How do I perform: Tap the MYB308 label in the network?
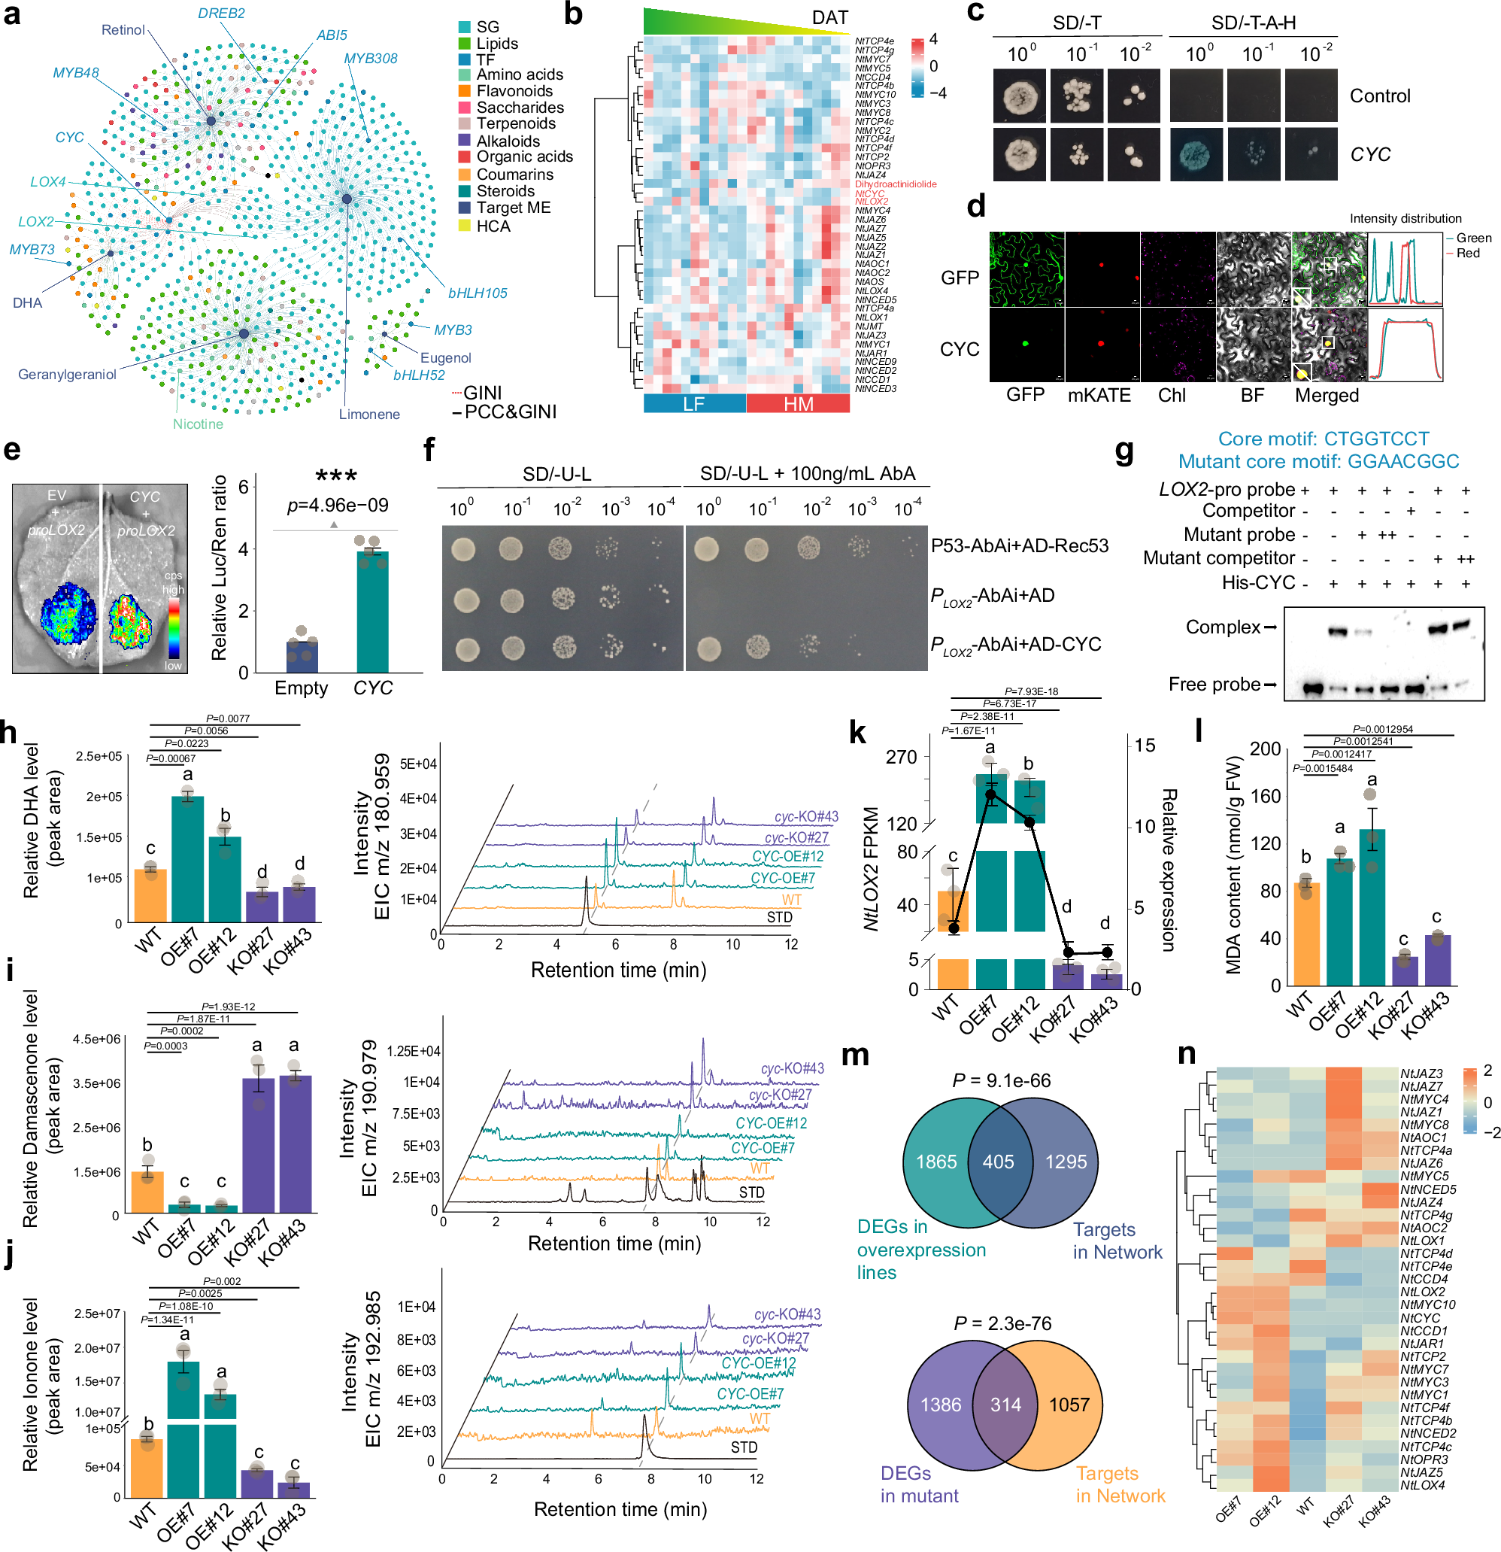[371, 59]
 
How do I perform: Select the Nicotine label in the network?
[198, 424]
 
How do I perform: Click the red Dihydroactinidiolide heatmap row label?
[896, 184]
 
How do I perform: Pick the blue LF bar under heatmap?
[693, 404]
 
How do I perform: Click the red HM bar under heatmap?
[798, 404]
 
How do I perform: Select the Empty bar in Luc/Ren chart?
[302, 656]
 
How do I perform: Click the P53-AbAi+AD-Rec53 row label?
[1019, 545]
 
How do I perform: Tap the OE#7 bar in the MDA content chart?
[1339, 922]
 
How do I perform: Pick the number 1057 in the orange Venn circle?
[1069, 1405]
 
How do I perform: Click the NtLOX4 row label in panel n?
[1422, 1485]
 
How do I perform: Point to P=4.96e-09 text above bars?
[336, 506]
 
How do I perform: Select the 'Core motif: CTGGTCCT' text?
[1323, 439]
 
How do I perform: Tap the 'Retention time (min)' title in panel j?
[620, 1508]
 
